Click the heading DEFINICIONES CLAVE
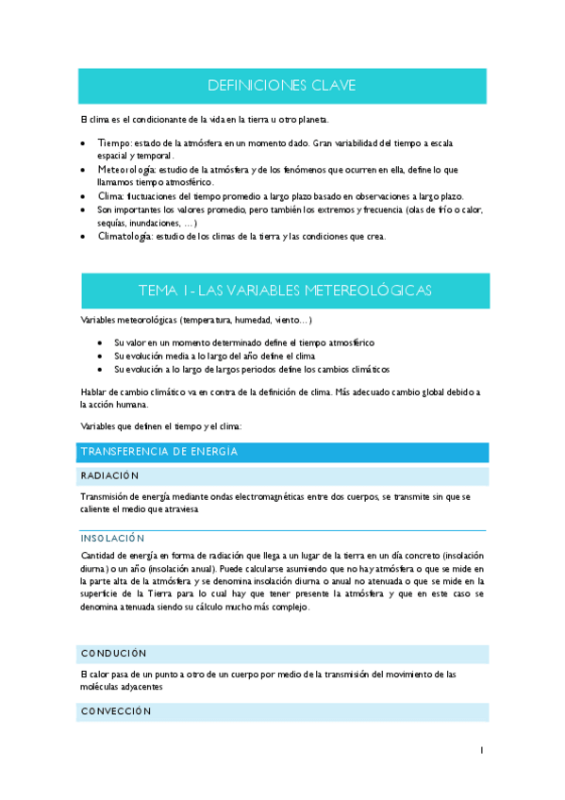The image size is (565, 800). click(281, 87)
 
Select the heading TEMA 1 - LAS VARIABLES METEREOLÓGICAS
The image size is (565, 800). click(285, 291)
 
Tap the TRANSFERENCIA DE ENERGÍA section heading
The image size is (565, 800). click(158, 453)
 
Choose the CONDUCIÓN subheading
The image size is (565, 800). click(113, 653)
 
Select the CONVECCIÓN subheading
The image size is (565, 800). click(116, 712)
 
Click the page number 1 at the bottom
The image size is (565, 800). click(481, 751)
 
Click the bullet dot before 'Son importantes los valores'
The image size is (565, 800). click(85, 209)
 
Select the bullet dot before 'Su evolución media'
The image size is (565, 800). click(101, 357)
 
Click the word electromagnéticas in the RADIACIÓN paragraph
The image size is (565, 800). click(255, 496)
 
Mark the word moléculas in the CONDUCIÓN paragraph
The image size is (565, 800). click(103, 688)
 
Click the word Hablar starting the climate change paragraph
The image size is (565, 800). click(95, 392)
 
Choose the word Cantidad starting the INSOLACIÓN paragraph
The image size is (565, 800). click(100, 556)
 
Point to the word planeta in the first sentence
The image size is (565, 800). click(311, 119)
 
